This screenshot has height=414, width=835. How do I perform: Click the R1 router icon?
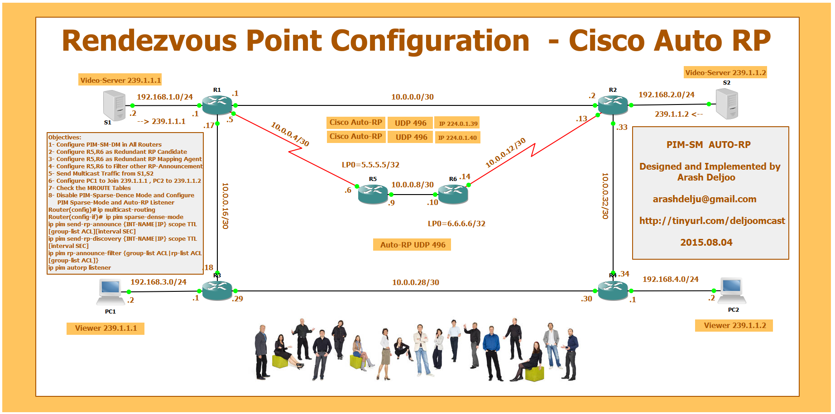coord(217,105)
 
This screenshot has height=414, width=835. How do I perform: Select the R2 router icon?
coord(613,105)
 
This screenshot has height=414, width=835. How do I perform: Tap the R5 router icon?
coord(373,194)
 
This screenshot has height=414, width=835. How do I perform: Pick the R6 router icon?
coord(453,194)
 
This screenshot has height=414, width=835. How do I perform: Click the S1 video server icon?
coord(114,105)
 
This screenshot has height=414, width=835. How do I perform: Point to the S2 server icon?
coord(727,104)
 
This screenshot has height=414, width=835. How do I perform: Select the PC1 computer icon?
coord(110,292)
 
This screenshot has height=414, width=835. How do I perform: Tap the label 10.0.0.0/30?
coord(412,97)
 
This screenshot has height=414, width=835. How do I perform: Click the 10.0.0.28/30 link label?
coord(415,282)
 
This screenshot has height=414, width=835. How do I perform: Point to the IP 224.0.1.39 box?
coord(458,124)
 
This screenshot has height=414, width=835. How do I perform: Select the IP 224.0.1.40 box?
coord(457,138)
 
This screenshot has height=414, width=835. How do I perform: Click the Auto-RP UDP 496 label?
coord(412,245)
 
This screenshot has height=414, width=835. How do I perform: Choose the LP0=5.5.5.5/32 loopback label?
coord(370,165)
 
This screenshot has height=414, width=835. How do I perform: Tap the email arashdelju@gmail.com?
coord(704,199)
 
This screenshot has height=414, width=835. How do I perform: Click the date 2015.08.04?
coord(706,243)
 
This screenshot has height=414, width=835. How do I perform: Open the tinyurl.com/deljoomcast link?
coord(712,221)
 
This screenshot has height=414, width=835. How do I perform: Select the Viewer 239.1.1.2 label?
coord(734,325)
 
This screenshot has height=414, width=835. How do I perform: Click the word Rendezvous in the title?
coord(149,41)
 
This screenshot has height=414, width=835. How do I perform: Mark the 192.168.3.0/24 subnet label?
coord(158,282)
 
